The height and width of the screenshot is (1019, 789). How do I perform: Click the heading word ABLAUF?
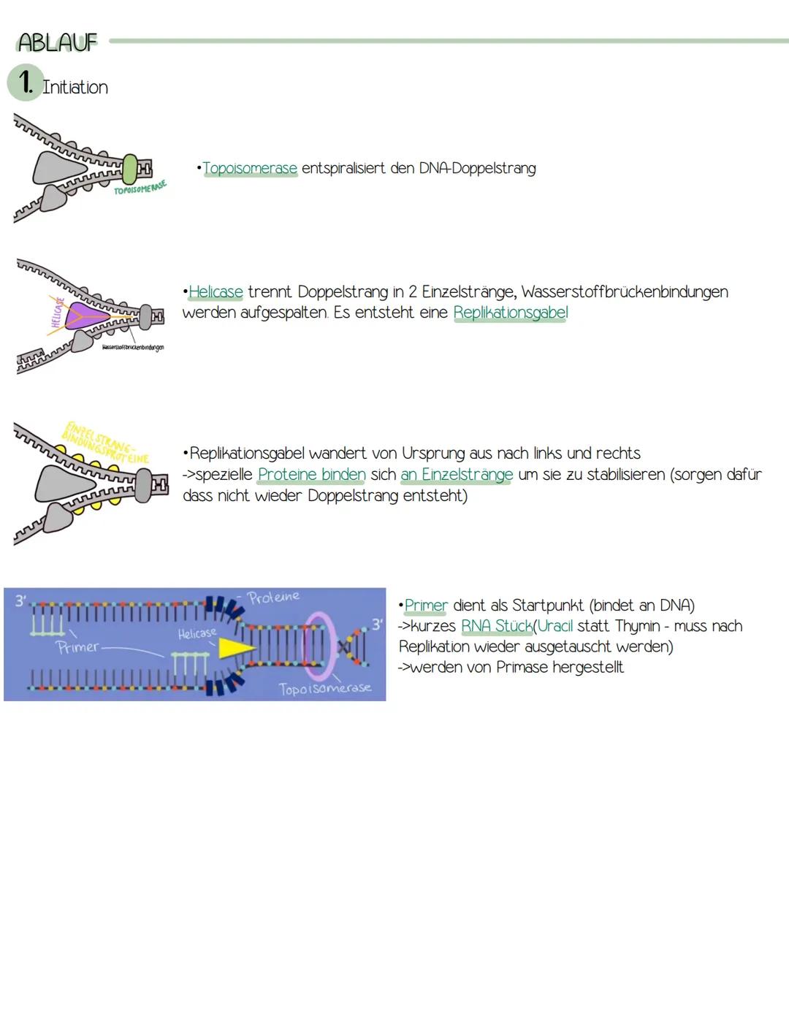point(57,42)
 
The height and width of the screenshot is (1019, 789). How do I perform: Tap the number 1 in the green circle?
point(26,83)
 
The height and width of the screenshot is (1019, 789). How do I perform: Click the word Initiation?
point(75,87)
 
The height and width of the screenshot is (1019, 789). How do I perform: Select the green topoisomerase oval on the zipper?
point(130,169)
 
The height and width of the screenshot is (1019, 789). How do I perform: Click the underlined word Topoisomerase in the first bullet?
point(250,168)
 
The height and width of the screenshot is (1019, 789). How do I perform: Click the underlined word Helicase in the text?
point(216,292)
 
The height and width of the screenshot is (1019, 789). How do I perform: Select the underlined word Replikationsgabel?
point(510,313)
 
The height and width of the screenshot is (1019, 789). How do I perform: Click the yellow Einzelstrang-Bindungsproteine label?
point(106,442)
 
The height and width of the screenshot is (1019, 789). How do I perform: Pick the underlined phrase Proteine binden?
point(311,475)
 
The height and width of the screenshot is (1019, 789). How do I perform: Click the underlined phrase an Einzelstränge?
point(457,475)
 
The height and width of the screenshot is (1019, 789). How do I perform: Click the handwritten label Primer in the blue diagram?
point(77,647)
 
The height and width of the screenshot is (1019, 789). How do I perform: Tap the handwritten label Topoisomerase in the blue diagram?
point(324,688)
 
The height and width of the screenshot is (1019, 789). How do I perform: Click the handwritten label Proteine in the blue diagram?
point(273,597)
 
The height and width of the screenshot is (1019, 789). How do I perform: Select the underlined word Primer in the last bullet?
point(426,606)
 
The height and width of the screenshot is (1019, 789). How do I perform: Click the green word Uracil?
point(555,626)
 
